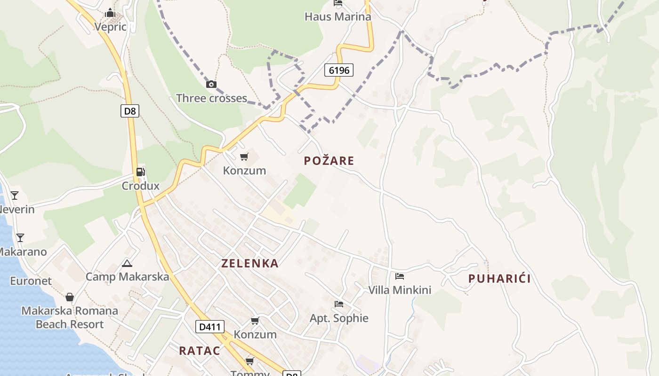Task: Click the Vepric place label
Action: click(x=111, y=26)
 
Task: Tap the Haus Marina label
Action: click(x=338, y=16)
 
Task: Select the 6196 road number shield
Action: click(x=338, y=70)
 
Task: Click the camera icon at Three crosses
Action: click(x=211, y=85)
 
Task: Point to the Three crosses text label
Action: click(x=211, y=98)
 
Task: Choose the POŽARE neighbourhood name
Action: click(x=329, y=161)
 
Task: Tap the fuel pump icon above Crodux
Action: click(x=140, y=172)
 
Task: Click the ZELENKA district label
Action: click(x=250, y=264)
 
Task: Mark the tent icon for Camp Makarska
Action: click(x=127, y=263)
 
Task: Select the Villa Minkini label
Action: click(x=400, y=290)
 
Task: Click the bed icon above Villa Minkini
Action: click(x=400, y=276)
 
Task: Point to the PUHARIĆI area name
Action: click(x=499, y=279)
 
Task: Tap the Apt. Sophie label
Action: click(x=339, y=318)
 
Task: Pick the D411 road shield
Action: click(x=209, y=327)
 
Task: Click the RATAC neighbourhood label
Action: click(x=200, y=351)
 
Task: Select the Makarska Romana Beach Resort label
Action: click(x=70, y=317)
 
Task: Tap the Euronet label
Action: click(x=31, y=281)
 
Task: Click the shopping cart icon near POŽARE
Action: click(x=244, y=157)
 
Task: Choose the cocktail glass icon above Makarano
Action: click(x=20, y=238)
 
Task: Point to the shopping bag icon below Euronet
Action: click(x=70, y=297)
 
